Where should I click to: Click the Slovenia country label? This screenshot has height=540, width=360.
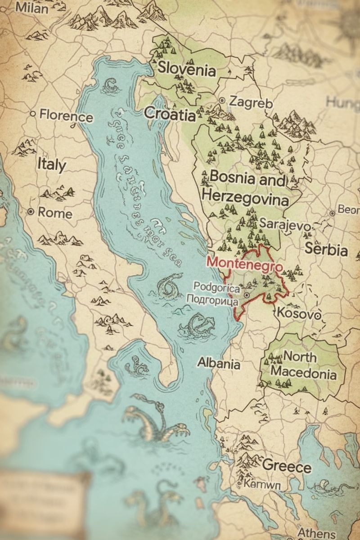pos(186,70)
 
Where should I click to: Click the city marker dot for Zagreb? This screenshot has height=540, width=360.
pos(222,100)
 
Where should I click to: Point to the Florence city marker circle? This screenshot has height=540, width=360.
pos(32,114)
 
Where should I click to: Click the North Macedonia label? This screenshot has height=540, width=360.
pos(303,365)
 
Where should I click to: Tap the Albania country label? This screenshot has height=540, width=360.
pos(219,363)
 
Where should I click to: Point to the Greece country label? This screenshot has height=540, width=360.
pos(286,466)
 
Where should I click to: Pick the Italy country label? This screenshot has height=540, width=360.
pos(51,164)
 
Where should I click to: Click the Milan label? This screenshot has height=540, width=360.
pos(31,8)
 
